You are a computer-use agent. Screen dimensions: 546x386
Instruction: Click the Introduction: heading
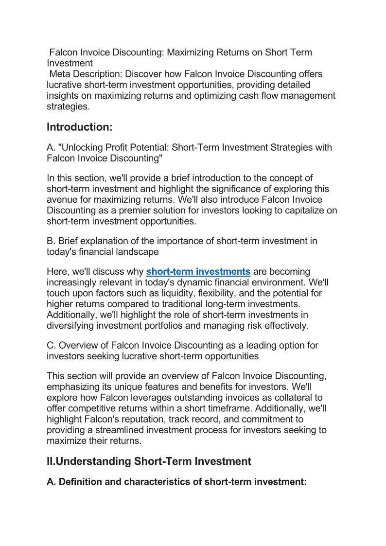(80, 127)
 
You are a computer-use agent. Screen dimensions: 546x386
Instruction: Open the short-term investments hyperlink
(198, 271)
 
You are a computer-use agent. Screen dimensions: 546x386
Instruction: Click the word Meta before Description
(61, 74)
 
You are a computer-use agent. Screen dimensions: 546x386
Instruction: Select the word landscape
(138, 252)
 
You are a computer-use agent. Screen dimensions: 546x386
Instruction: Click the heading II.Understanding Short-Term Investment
(149, 461)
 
